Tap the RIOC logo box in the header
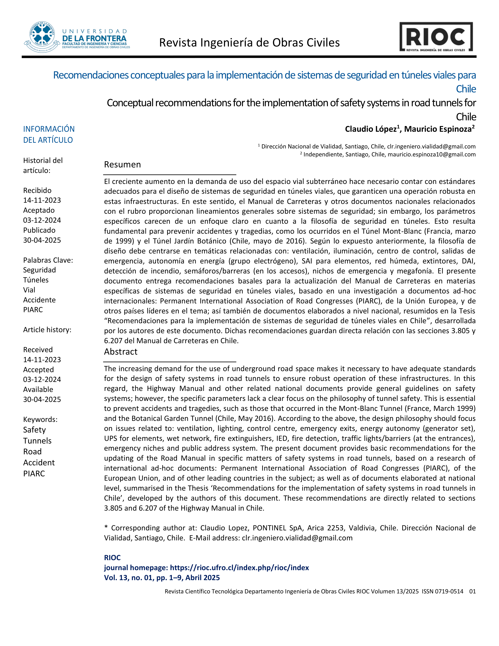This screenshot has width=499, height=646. coord(436,37)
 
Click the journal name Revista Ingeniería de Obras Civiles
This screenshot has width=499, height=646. coord(249,43)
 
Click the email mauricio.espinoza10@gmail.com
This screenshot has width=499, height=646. coord(431,154)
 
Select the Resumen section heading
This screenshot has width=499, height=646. coord(122,165)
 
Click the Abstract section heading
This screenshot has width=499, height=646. coord(121,352)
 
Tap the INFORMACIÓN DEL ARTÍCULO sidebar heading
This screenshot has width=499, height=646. coord(49,135)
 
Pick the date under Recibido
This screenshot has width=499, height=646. coord(42,200)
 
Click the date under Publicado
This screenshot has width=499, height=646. coord(42,240)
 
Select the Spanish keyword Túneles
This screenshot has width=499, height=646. coord(36,280)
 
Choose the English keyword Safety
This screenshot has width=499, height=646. coord(34,430)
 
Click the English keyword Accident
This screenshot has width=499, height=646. coord(39,463)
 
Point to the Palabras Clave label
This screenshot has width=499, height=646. coord(48,260)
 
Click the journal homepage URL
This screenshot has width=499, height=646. coord(240,568)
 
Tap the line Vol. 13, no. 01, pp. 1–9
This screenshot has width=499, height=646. coord(162,578)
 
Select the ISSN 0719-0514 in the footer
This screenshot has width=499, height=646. coord(442,591)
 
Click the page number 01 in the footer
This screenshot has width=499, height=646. coord(472,591)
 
